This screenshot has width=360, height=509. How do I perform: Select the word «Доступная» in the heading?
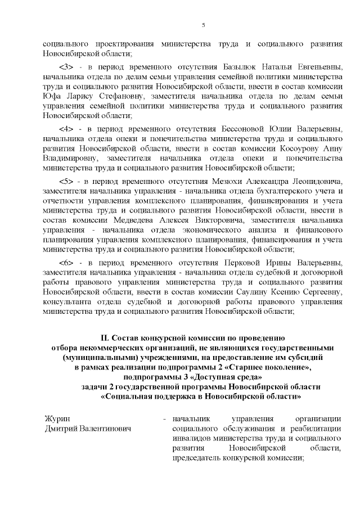208,376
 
